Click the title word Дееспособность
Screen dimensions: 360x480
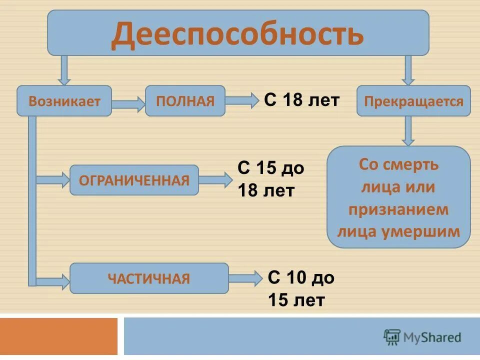[x=237, y=34]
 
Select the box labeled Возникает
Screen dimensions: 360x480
[x=64, y=101]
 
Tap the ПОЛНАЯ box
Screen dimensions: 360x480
[x=185, y=101]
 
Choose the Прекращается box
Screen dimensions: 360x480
[x=413, y=101]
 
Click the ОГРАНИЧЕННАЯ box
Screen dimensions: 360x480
[x=134, y=180]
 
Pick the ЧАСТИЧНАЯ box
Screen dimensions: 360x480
[x=149, y=278]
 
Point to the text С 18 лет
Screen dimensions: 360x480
[x=301, y=100]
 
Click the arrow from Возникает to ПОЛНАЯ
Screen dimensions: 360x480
[x=128, y=104]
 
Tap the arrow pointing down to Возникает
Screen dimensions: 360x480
[x=64, y=70]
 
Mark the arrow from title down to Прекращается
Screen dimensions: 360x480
[x=408, y=70]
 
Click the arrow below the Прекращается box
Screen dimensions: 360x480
[x=408, y=130]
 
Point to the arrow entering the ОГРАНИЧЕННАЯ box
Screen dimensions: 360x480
[x=53, y=179]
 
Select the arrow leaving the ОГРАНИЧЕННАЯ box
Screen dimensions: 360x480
[x=216, y=180]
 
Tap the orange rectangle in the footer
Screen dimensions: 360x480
[x=58, y=336]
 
